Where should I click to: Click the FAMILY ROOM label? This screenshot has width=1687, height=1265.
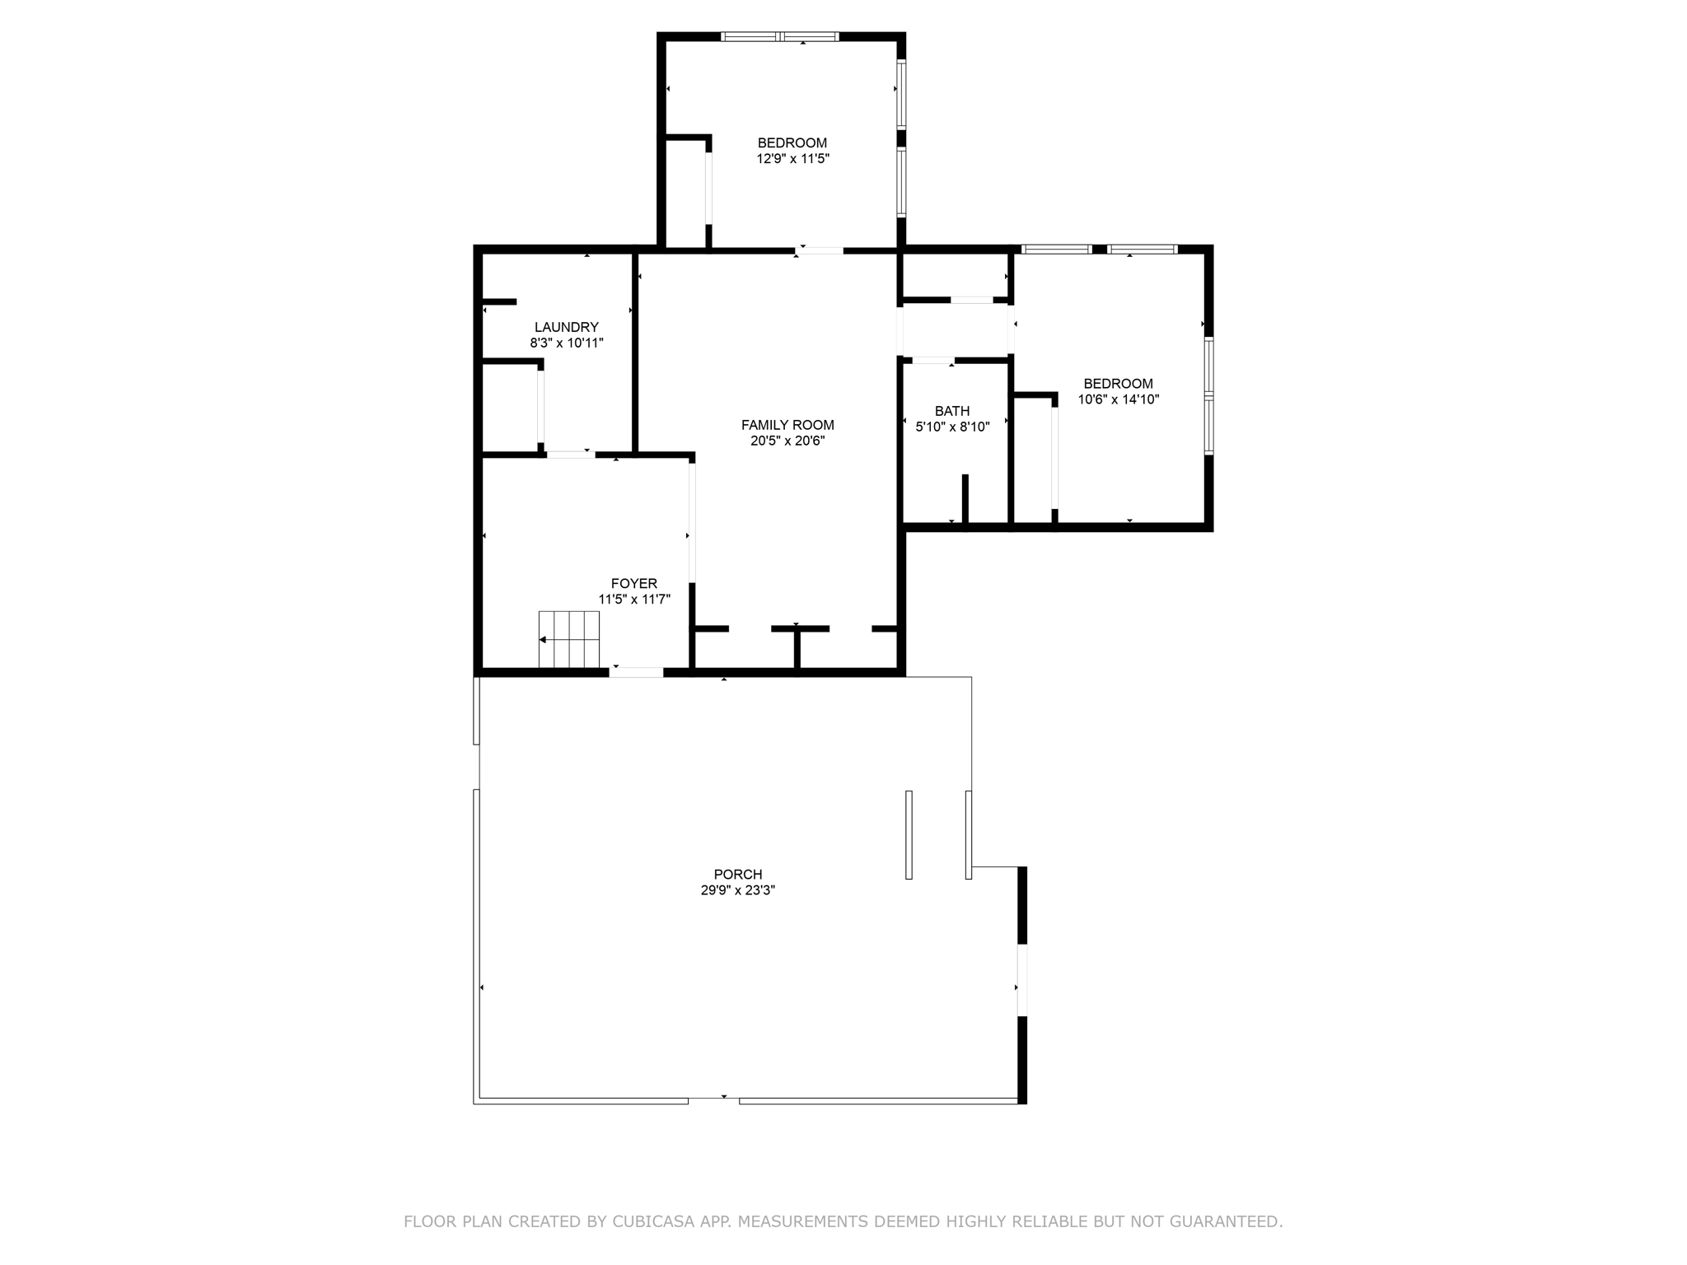coord(787,425)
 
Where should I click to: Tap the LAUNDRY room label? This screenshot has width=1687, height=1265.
coord(566,327)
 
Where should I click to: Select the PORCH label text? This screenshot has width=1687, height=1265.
coord(737,874)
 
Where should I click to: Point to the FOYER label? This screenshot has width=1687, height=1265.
coord(633,584)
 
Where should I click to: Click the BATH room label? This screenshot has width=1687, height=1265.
coord(951,411)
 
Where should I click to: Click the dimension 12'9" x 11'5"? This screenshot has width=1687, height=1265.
coord(792,159)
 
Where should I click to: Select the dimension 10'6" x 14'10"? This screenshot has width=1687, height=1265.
coord(1118,399)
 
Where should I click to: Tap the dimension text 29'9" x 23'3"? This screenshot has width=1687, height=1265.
coord(737,890)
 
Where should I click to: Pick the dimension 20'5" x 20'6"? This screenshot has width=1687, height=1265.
coord(787,441)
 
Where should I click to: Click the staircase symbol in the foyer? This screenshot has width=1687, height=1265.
coord(568,639)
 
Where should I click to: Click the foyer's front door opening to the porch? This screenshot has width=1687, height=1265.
coord(636,673)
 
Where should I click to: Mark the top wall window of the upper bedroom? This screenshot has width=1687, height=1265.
coord(779,36)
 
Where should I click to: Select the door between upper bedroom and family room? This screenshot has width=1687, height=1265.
coord(820,250)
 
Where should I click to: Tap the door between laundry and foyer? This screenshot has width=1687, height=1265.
coord(570,454)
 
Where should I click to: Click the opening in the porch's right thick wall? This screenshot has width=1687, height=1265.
coord(1022,980)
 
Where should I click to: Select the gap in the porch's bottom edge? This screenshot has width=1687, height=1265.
coord(713,1100)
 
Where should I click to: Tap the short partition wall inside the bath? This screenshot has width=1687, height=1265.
coord(965,497)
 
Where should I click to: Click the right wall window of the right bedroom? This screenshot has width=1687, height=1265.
coord(1209,395)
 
